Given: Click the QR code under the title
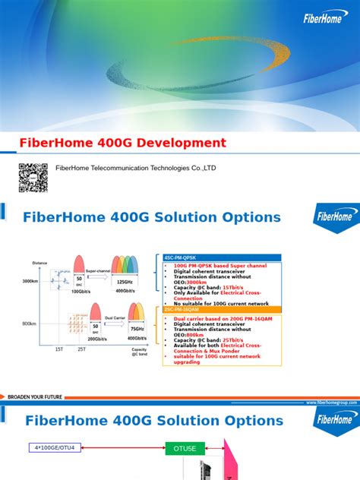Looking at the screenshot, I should [x=33, y=177].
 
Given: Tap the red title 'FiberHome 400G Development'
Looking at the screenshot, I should [x=122, y=143].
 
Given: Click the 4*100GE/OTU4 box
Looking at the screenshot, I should [x=54, y=447].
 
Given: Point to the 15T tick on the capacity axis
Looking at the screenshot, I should [x=59, y=349].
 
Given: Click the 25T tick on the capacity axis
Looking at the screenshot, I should [x=81, y=349].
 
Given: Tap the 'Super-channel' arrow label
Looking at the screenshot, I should [x=98, y=270].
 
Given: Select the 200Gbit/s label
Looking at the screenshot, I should [x=96, y=338].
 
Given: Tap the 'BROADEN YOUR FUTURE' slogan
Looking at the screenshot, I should [x=36, y=396].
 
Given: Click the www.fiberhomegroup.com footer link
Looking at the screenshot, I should [x=332, y=403].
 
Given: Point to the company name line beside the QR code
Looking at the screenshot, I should [x=135, y=168].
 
